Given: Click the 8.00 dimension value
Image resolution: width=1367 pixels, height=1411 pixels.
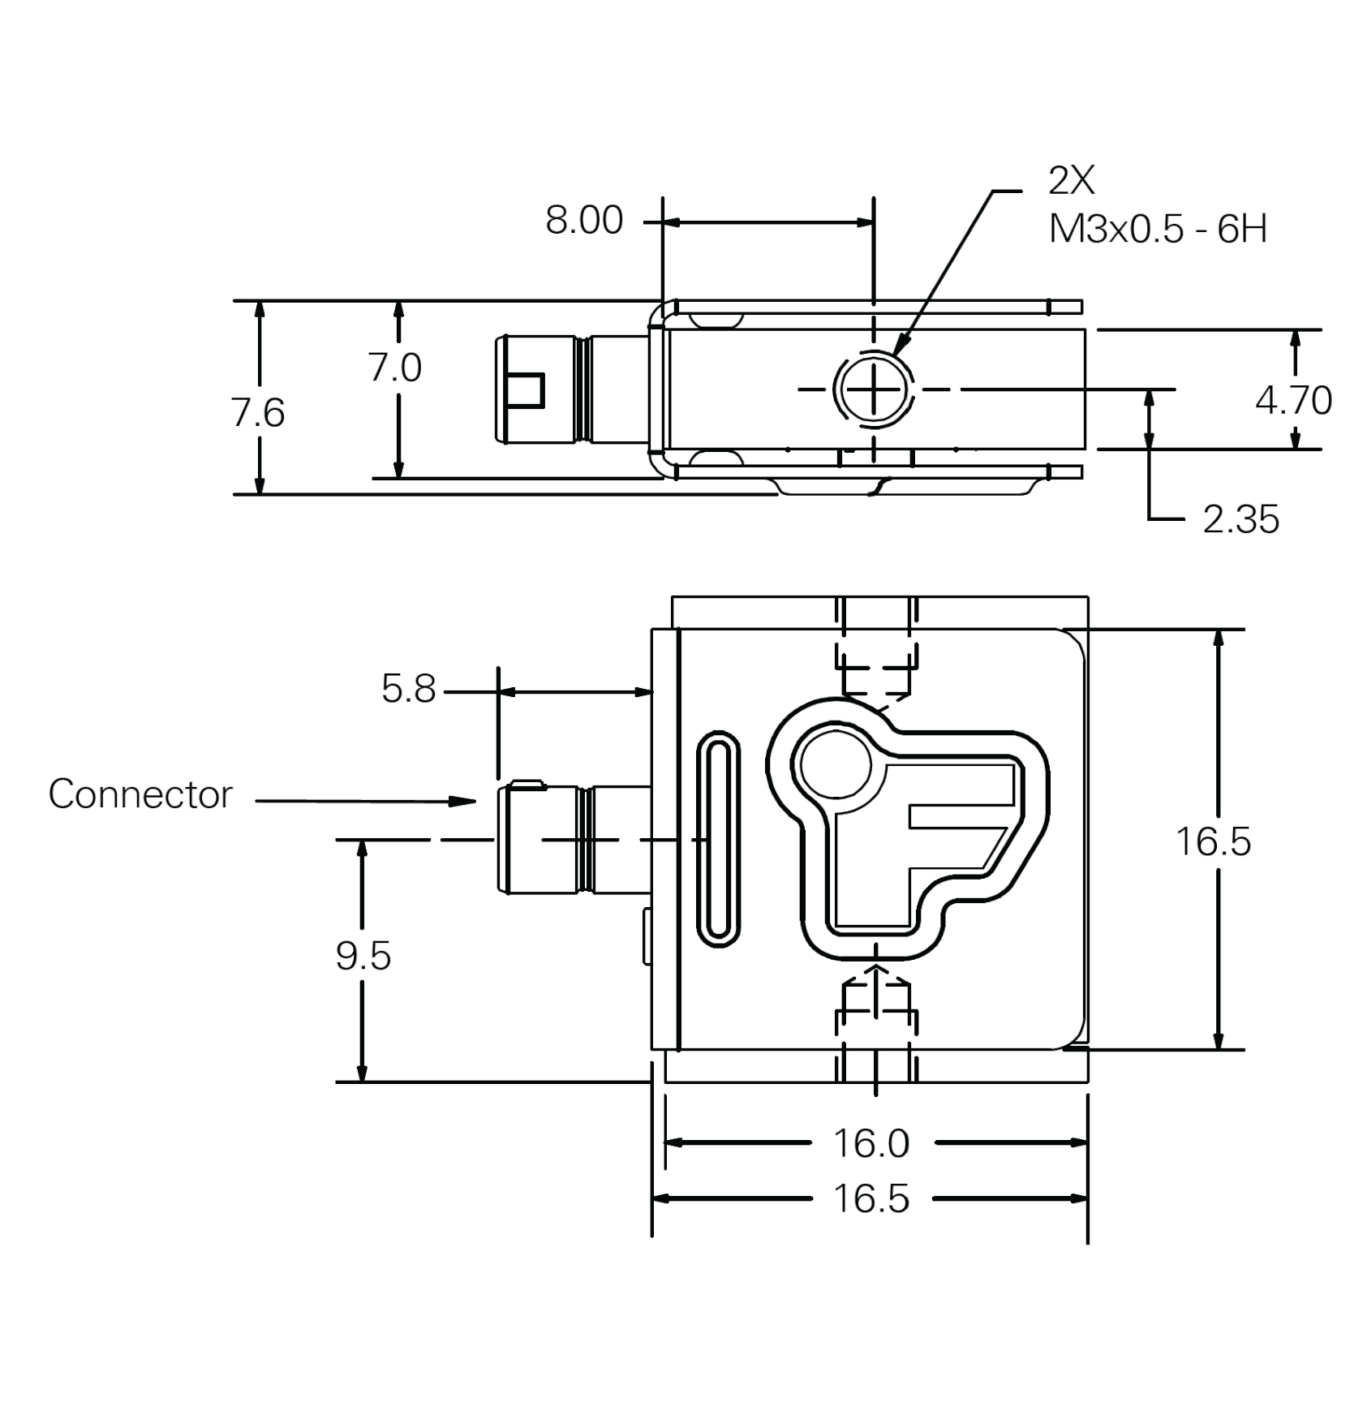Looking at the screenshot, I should pyautogui.click(x=583, y=220).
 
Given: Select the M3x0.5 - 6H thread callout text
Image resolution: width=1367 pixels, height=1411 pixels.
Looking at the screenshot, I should pyautogui.click(x=1157, y=230).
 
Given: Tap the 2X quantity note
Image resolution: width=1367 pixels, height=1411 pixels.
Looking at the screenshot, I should pyautogui.click(x=1071, y=181).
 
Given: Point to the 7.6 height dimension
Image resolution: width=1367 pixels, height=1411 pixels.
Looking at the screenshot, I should pyautogui.click(x=258, y=413).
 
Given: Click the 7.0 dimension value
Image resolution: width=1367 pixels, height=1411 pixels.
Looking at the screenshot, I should pyautogui.click(x=395, y=368).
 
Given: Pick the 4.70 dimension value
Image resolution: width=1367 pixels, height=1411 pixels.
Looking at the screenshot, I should pyautogui.click(x=1293, y=400).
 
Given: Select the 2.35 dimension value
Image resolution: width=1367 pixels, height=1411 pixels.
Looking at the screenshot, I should pyautogui.click(x=1240, y=519).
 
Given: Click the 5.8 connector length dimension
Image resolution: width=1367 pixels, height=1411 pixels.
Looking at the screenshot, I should pyautogui.click(x=408, y=689).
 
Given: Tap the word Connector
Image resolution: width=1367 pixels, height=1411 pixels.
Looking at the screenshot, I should pyautogui.click(x=140, y=794).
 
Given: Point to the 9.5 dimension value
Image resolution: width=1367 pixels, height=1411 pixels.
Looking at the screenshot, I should pyautogui.click(x=363, y=956).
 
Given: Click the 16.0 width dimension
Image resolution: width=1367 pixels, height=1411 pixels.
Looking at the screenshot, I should pyautogui.click(x=871, y=1143).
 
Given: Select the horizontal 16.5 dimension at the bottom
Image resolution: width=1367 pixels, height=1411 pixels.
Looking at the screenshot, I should pyautogui.click(x=871, y=1198).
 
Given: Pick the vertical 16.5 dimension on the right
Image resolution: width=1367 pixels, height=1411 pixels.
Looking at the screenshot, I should pyautogui.click(x=1213, y=842).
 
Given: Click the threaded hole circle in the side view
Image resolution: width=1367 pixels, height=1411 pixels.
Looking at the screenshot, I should pyautogui.click(x=873, y=389).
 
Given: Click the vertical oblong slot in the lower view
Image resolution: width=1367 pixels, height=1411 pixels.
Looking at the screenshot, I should pyautogui.click(x=718, y=839).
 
